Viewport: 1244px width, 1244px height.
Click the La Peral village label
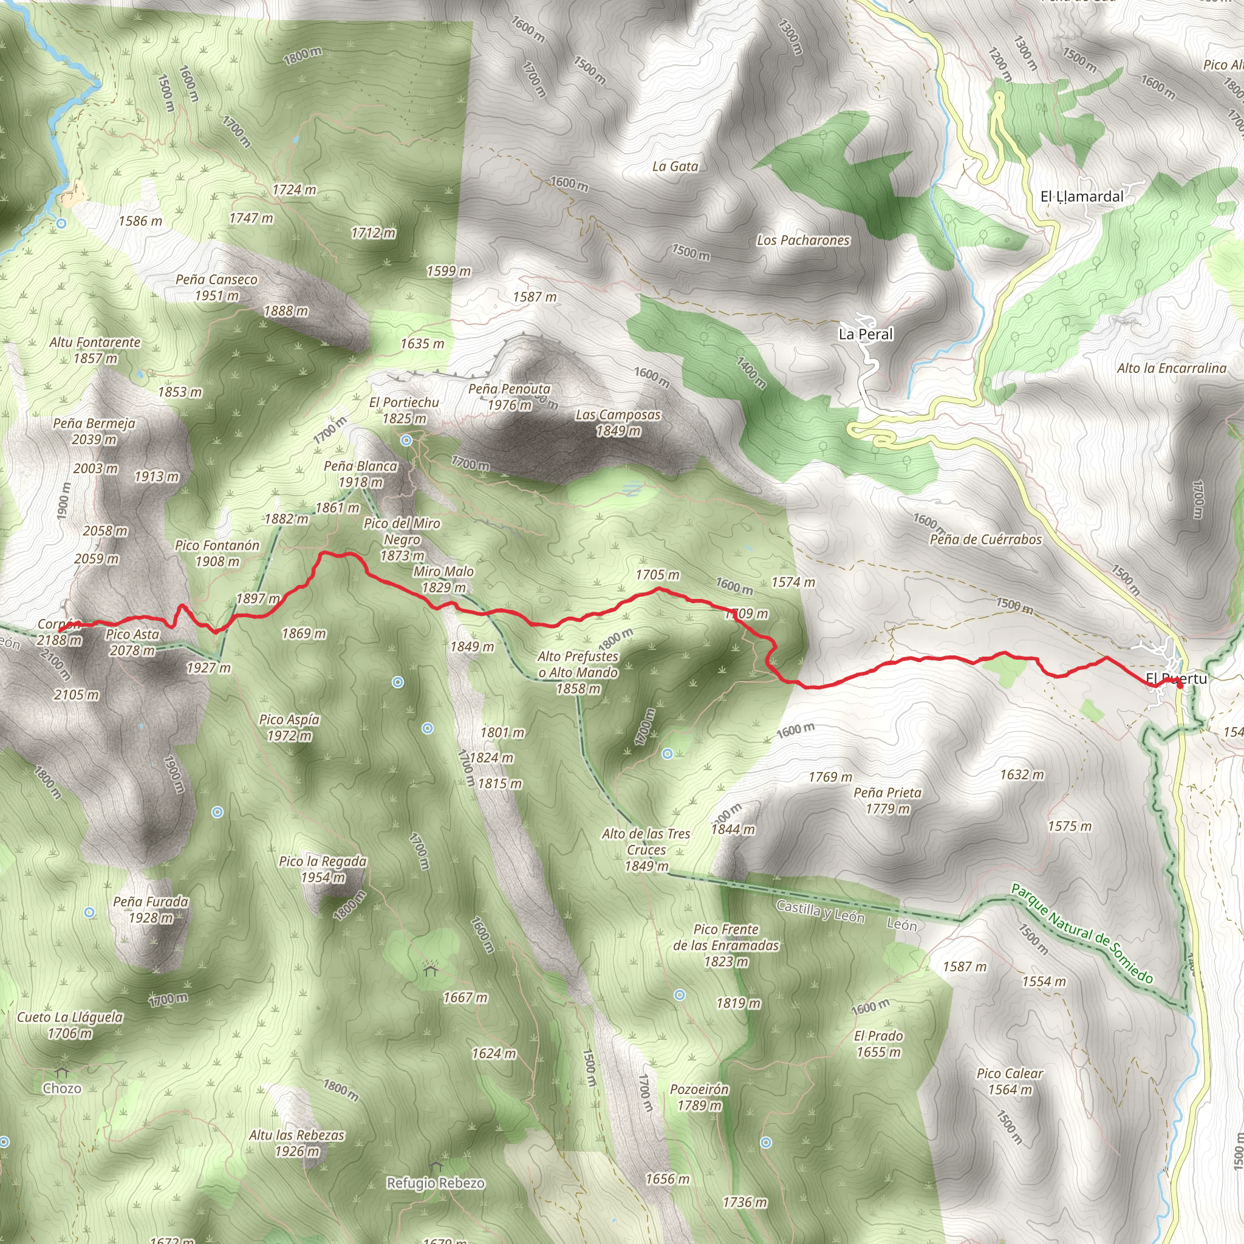[866, 334]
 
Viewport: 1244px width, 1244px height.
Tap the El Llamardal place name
[1082, 196]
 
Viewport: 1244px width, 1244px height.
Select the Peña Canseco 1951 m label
[216, 287]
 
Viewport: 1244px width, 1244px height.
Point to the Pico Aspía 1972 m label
[289, 728]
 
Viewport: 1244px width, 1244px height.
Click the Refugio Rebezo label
[436, 1183]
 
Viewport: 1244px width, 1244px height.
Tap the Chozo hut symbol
[62, 1073]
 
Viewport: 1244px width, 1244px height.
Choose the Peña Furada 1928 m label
[151, 909]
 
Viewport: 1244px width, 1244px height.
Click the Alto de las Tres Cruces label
[646, 850]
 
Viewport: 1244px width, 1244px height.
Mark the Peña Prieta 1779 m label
[887, 801]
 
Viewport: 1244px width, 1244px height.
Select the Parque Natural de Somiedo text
[1082, 934]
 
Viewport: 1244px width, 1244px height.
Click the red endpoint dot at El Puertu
[1180, 685]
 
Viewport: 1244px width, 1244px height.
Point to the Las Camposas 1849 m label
[618, 422]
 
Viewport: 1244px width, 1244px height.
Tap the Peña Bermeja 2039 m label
[94, 431]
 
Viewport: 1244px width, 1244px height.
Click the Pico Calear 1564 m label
[1010, 1081]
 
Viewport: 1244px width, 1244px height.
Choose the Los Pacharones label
[803, 240]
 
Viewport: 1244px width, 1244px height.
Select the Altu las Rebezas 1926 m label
[297, 1143]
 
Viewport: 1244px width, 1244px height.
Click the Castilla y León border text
[819, 911]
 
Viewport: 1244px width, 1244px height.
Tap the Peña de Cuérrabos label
[985, 539]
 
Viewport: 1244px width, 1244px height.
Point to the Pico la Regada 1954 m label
[323, 869]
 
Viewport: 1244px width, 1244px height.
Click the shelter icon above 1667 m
[430, 969]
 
